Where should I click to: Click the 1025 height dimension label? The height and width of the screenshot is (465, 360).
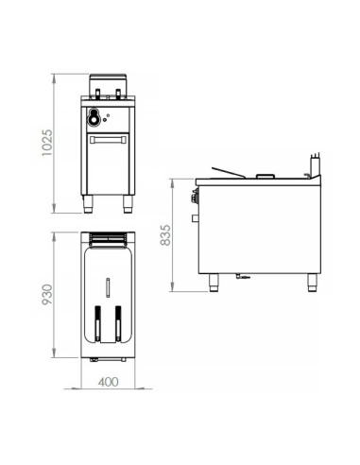(x=47, y=143)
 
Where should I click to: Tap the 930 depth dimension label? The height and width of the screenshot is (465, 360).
(x=47, y=295)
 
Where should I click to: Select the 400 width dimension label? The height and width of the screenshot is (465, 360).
(x=108, y=382)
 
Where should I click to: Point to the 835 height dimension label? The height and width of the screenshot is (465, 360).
(x=165, y=235)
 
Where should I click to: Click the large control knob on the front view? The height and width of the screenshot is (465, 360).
(x=93, y=116)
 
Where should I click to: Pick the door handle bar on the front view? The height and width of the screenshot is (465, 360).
(x=108, y=139)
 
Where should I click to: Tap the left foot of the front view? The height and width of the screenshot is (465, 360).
(x=88, y=204)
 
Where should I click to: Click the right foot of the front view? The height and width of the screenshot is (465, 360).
(x=128, y=204)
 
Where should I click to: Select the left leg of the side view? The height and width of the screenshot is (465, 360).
(x=214, y=283)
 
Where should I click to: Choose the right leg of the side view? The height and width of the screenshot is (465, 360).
(x=312, y=283)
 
